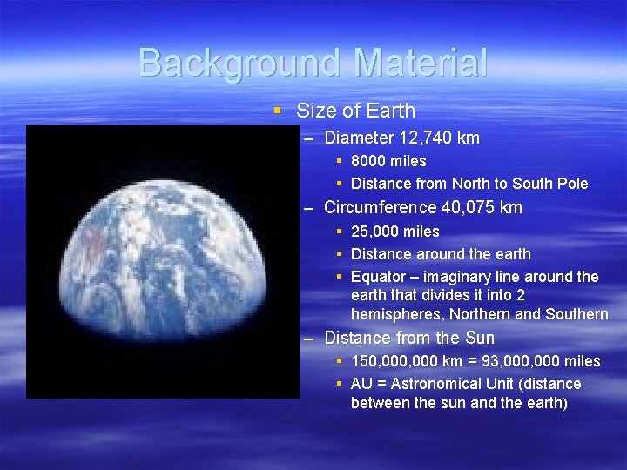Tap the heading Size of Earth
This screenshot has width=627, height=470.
coord(355,111)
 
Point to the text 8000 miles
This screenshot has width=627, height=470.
coord(388,161)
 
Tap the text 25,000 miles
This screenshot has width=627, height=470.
coord(394,232)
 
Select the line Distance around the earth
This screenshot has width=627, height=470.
coord(441,254)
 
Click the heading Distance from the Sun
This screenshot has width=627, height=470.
coord(408,338)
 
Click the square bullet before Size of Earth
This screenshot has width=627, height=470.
coord(277,111)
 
